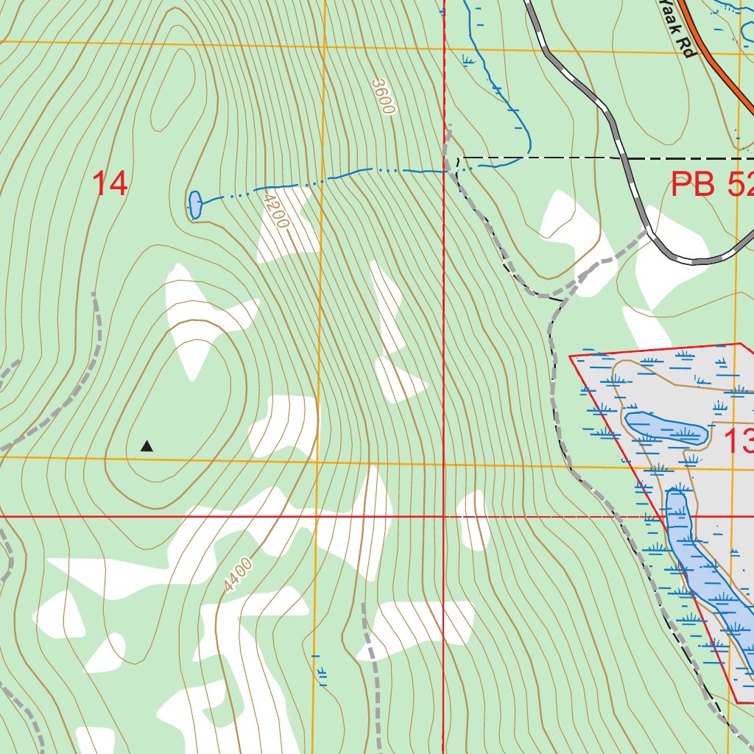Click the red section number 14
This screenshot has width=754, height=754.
(110, 183)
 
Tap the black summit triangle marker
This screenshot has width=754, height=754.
(147, 445)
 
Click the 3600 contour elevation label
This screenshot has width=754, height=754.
(384, 96)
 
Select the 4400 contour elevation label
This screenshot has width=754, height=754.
(239, 576)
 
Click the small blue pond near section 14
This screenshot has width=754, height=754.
(195, 204)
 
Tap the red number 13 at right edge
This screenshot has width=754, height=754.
(739, 442)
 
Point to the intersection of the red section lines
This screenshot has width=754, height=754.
(444, 517)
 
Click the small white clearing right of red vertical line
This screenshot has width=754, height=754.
(473, 519)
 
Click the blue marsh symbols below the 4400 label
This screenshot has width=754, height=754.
(320, 670)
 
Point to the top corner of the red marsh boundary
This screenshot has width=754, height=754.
(739, 344)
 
